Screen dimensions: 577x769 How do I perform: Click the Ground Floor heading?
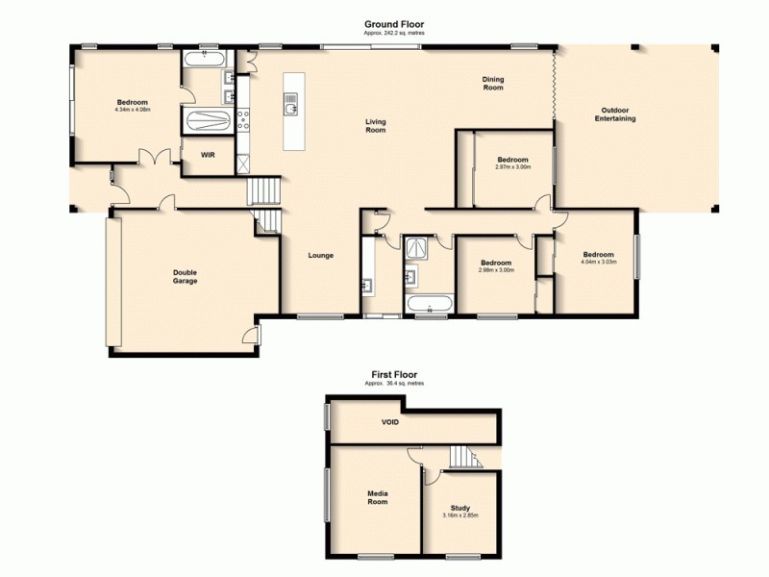tap(393, 24)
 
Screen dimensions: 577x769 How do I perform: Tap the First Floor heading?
tap(394, 375)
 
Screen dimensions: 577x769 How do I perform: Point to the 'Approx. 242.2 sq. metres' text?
tap(393, 33)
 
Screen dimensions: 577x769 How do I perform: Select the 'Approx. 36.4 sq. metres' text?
tap(394, 384)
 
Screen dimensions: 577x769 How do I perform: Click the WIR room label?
tap(207, 155)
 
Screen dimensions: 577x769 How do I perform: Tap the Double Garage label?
tap(186, 277)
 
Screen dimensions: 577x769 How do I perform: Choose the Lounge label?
tap(320, 255)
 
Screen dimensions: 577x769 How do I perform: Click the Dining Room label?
tap(493, 84)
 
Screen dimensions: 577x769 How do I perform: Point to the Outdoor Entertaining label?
tap(615, 114)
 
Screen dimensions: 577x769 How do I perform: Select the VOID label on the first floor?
tap(389, 422)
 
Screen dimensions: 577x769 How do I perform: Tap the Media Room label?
tap(378, 497)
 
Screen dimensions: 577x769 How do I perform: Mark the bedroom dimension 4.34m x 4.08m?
tap(133, 110)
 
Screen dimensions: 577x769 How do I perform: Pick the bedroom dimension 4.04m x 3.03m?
tap(598, 262)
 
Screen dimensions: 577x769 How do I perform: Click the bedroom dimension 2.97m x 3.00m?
tap(512, 166)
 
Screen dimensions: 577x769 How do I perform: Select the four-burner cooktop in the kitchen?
tap(243, 120)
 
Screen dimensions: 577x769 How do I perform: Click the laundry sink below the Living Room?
tap(368, 286)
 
